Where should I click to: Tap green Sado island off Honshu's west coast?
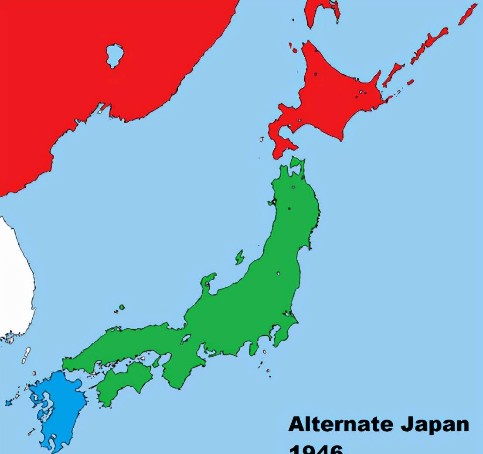point(239,257)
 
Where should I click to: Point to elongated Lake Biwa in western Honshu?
point(186,339)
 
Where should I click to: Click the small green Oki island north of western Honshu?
point(122,307)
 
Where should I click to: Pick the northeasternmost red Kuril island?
point(469,13)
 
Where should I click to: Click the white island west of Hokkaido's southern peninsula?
point(262,139)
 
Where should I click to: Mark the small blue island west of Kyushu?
point(8,402)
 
